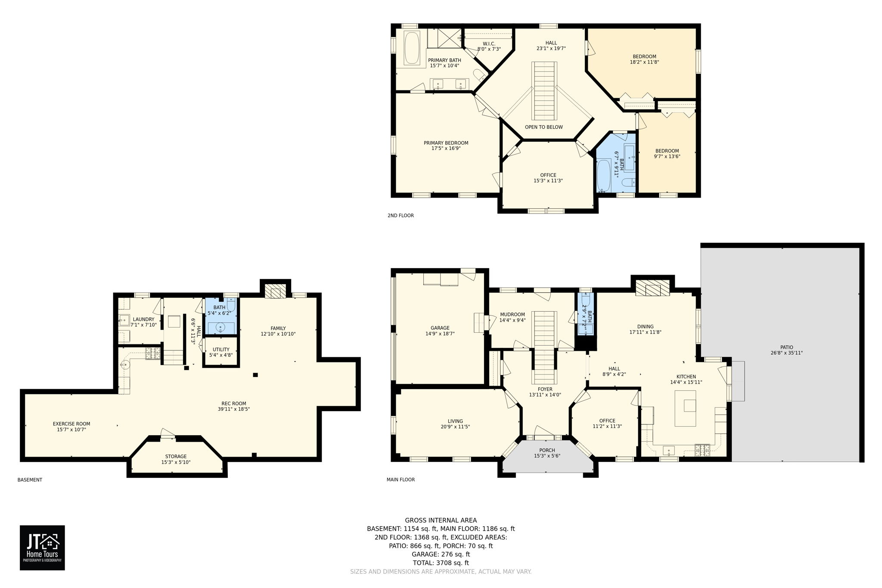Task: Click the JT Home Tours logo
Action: pos(42,548)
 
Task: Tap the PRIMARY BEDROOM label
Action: pos(446,143)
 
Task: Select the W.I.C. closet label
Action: pos(489,44)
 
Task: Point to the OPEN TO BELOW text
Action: pos(543,127)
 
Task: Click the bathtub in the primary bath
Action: pos(412,48)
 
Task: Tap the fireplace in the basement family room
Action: pos(275,291)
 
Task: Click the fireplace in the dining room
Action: pos(652,288)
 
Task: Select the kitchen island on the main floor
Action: pos(685,408)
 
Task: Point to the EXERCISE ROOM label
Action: pos(71,424)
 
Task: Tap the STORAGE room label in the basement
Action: pos(176,456)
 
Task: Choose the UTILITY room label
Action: pos(221,350)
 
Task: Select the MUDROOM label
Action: pos(512,314)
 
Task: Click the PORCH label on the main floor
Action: pos(547,450)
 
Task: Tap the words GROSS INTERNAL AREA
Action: pos(441,520)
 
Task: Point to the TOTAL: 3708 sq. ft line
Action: pos(441,563)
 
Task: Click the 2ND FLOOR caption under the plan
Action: pos(401,215)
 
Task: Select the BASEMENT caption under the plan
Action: pos(30,480)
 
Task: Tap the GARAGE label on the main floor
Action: pos(440,328)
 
